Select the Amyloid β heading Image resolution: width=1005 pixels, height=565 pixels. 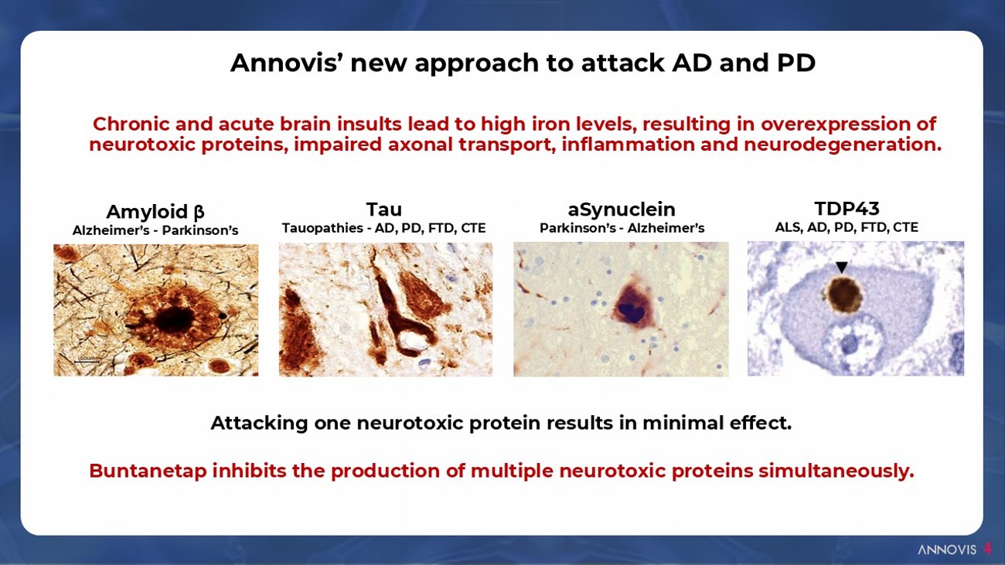click(x=155, y=212)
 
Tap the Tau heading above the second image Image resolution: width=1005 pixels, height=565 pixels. click(x=384, y=209)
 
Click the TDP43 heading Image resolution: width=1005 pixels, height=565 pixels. click(x=847, y=209)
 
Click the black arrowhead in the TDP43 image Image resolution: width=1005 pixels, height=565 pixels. click(x=842, y=267)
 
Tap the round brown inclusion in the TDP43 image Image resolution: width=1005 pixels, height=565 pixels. click(x=844, y=294)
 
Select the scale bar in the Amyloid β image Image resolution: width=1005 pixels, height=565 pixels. click(x=87, y=361)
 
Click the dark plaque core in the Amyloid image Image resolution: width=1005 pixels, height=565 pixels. click(x=174, y=319)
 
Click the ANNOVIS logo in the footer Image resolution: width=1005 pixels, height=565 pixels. click(x=947, y=550)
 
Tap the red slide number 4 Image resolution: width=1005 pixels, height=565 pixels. click(x=987, y=549)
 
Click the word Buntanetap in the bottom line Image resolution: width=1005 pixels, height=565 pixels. click(x=148, y=471)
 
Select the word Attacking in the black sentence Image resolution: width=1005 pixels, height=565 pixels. click(x=259, y=423)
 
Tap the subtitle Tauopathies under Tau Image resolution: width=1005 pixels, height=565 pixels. click(x=322, y=228)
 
